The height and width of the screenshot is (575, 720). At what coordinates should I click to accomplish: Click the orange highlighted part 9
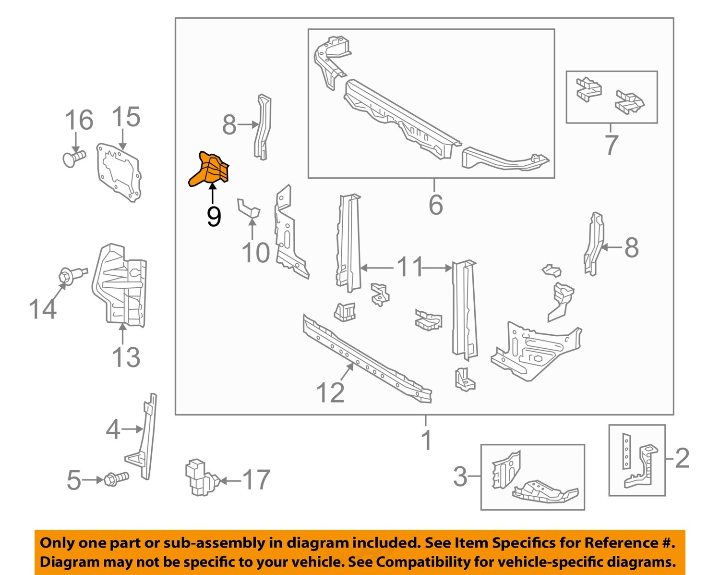(x=210, y=170)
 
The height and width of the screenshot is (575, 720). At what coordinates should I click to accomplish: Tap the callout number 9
(x=214, y=217)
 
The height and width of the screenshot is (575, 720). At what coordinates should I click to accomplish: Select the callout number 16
(x=79, y=120)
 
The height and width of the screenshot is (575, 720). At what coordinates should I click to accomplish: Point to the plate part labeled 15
(x=119, y=172)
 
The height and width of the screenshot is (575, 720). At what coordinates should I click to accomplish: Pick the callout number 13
(x=126, y=357)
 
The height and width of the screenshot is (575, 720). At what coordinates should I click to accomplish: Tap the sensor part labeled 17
(x=201, y=478)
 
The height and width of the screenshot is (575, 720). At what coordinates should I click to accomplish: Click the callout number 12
(x=330, y=393)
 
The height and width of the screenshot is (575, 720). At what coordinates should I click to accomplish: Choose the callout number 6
(x=435, y=205)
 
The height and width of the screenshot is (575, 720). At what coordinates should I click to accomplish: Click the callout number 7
(x=611, y=145)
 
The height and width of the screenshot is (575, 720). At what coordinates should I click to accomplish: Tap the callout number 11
(x=410, y=267)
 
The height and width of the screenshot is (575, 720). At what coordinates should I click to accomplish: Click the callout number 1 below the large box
(x=426, y=440)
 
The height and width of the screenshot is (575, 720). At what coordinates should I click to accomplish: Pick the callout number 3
(x=460, y=477)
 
